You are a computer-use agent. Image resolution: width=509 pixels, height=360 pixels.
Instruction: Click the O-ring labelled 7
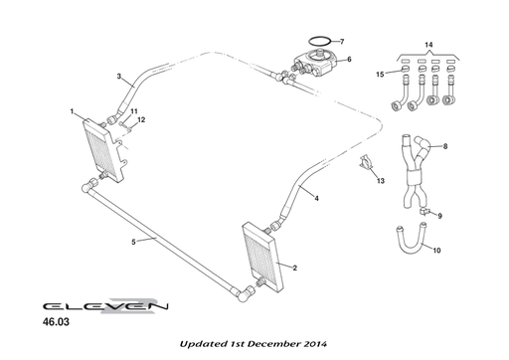tap(320, 38)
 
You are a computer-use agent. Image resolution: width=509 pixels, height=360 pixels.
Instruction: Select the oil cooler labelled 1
tap(103, 151)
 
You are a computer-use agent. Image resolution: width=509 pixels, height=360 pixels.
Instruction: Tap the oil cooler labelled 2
tap(263, 258)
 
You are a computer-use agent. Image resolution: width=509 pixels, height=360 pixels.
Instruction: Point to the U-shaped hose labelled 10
tap(411, 250)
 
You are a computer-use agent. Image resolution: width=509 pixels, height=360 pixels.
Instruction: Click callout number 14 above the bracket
tap(428, 45)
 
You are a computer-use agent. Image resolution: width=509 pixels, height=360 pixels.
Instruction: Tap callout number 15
tap(380, 74)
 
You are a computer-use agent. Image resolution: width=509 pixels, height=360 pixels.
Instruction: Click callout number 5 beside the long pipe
tap(133, 242)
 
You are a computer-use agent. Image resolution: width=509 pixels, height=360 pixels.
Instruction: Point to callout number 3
tap(119, 77)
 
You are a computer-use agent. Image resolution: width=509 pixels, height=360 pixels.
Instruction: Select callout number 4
tap(316, 198)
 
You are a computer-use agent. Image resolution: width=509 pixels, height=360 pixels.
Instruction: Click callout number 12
tap(141, 119)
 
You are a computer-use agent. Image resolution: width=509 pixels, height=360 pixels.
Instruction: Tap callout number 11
tap(133, 111)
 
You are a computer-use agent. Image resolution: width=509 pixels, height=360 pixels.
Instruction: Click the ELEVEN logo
tap(105, 306)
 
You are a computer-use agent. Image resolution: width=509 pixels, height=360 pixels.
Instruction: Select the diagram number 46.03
tap(56, 322)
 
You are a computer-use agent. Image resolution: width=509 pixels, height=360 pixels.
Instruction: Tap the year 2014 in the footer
tap(316, 344)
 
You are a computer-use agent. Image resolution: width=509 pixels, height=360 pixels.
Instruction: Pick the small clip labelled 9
tap(424, 211)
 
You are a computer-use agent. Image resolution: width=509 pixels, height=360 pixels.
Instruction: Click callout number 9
tap(439, 216)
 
